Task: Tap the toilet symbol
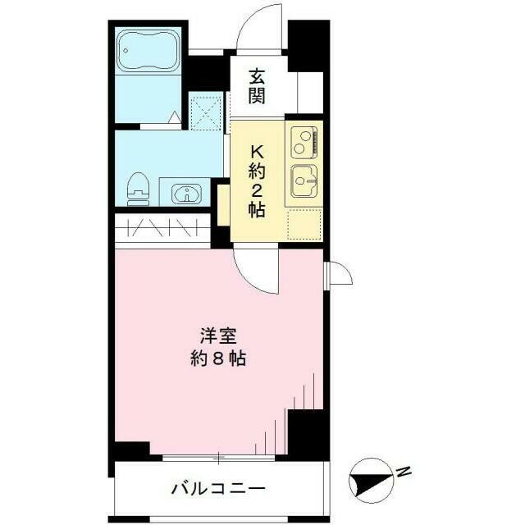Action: point(138,189)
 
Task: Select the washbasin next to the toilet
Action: point(186,194)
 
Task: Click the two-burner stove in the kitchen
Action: point(304,142)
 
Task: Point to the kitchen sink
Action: point(304,180)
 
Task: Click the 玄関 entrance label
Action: point(257,86)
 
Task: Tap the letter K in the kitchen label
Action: point(257,153)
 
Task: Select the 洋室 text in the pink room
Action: point(219,336)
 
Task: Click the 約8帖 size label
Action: point(218,358)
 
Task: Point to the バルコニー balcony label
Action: point(218,489)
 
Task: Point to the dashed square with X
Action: point(206,111)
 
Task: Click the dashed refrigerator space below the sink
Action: point(304,224)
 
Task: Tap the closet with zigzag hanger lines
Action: point(162,228)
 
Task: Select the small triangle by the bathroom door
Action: point(174,117)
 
